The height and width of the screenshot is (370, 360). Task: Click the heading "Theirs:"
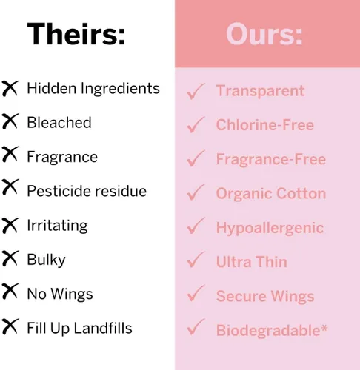76,33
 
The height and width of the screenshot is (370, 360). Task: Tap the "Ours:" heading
264,34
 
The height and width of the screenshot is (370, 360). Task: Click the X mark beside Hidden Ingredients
10,88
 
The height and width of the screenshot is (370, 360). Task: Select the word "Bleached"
59,122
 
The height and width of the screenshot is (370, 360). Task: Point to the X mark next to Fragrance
10,154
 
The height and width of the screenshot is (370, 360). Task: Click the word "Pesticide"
59,191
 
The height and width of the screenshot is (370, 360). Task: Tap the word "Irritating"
57,226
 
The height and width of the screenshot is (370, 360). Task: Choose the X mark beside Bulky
10,258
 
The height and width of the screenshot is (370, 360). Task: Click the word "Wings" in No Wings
72,294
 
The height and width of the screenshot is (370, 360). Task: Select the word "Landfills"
103,328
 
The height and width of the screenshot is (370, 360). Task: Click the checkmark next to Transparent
196,91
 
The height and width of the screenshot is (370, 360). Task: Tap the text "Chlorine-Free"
265,124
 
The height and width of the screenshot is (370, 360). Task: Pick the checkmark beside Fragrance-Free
196,158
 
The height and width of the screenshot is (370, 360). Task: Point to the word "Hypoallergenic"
270,228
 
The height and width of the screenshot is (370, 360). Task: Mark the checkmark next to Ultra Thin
196,260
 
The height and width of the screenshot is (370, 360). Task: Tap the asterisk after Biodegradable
324,329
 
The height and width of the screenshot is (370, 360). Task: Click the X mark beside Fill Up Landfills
10,326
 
